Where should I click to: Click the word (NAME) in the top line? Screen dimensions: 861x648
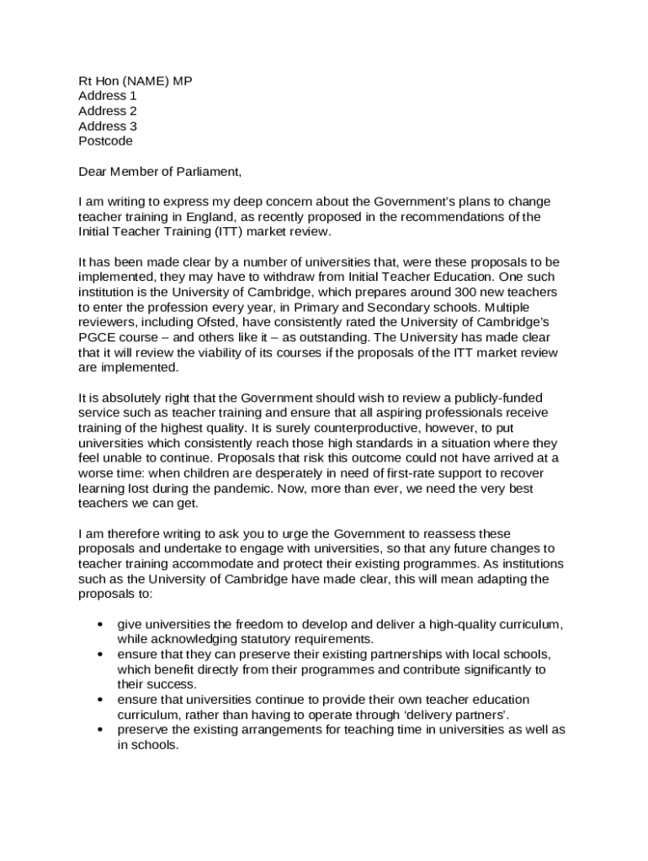pyautogui.click(x=145, y=81)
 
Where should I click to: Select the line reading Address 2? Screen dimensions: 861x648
pyautogui.click(x=108, y=111)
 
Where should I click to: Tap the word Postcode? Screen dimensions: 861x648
pyautogui.click(x=105, y=141)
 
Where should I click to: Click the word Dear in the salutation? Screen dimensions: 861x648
pyautogui.click(x=93, y=172)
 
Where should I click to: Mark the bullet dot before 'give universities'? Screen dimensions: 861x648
pyautogui.click(x=101, y=625)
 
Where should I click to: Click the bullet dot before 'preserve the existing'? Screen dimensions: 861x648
pyautogui.click(x=101, y=730)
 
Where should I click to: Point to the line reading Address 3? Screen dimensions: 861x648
pyautogui.click(x=108, y=126)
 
